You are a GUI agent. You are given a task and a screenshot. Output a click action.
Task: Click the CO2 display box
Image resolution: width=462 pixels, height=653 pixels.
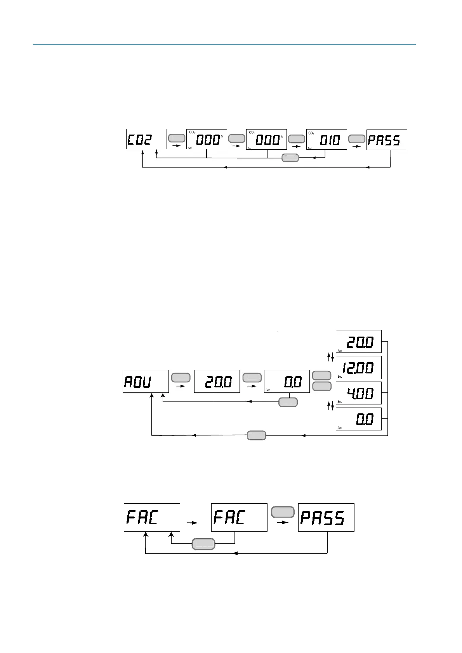point(146,139)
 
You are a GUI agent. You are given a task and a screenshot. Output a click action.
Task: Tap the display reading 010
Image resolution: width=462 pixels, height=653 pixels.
point(327,140)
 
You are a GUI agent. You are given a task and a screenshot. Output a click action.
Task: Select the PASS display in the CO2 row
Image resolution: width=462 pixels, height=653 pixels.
point(387,140)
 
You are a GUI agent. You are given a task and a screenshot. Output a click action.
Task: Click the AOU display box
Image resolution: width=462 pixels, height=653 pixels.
point(146,382)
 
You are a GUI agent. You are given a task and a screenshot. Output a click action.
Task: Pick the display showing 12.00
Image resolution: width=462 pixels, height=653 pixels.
point(358,368)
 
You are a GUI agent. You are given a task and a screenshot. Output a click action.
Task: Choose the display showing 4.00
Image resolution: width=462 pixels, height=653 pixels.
point(358,393)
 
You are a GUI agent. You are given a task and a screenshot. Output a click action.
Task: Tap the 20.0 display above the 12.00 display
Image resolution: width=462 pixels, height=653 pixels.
point(358,342)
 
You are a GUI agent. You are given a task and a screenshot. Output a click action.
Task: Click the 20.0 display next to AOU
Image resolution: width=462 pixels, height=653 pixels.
point(217,382)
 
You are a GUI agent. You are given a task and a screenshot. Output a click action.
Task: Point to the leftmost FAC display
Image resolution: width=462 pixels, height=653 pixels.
point(152,518)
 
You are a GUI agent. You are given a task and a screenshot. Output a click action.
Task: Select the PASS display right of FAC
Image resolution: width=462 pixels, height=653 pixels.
point(326,518)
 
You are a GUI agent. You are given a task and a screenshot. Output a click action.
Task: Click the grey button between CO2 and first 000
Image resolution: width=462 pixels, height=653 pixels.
point(177,138)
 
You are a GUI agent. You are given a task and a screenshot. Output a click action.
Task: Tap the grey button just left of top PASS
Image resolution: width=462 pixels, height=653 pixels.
point(357,138)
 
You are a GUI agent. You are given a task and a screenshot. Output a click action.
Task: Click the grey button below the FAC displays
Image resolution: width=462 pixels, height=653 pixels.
point(204,544)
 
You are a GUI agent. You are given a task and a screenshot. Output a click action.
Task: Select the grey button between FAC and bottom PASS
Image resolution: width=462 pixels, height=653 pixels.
point(283,512)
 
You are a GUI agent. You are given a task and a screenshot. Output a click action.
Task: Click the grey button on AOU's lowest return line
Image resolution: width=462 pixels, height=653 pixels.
point(257,435)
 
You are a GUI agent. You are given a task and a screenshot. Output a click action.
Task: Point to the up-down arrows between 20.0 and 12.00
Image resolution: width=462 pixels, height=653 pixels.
point(330,357)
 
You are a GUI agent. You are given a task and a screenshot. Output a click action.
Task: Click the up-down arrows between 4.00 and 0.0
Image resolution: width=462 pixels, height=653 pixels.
point(330,406)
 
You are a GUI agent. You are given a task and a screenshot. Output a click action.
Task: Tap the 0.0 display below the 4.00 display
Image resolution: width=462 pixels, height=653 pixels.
point(358,419)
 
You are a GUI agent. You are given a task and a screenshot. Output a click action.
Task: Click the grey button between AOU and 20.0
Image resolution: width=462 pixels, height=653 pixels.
point(181,377)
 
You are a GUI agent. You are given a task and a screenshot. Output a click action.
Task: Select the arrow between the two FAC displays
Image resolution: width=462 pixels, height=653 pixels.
point(192,523)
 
